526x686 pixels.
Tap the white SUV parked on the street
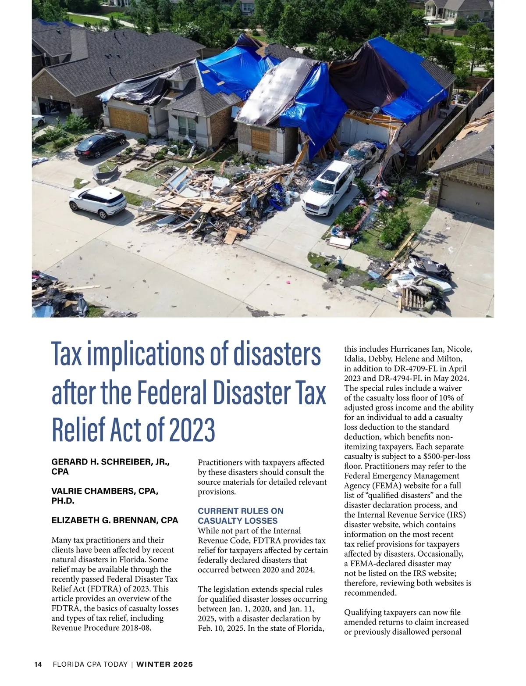click(x=98, y=202)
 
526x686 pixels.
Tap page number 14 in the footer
click(x=38, y=665)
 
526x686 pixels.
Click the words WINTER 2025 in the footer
click(x=164, y=665)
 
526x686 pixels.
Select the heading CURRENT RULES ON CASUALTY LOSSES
click(x=240, y=516)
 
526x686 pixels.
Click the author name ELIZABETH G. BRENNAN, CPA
click(x=115, y=520)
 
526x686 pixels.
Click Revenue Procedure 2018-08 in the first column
click(x=101, y=628)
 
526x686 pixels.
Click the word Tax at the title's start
click(x=67, y=354)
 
